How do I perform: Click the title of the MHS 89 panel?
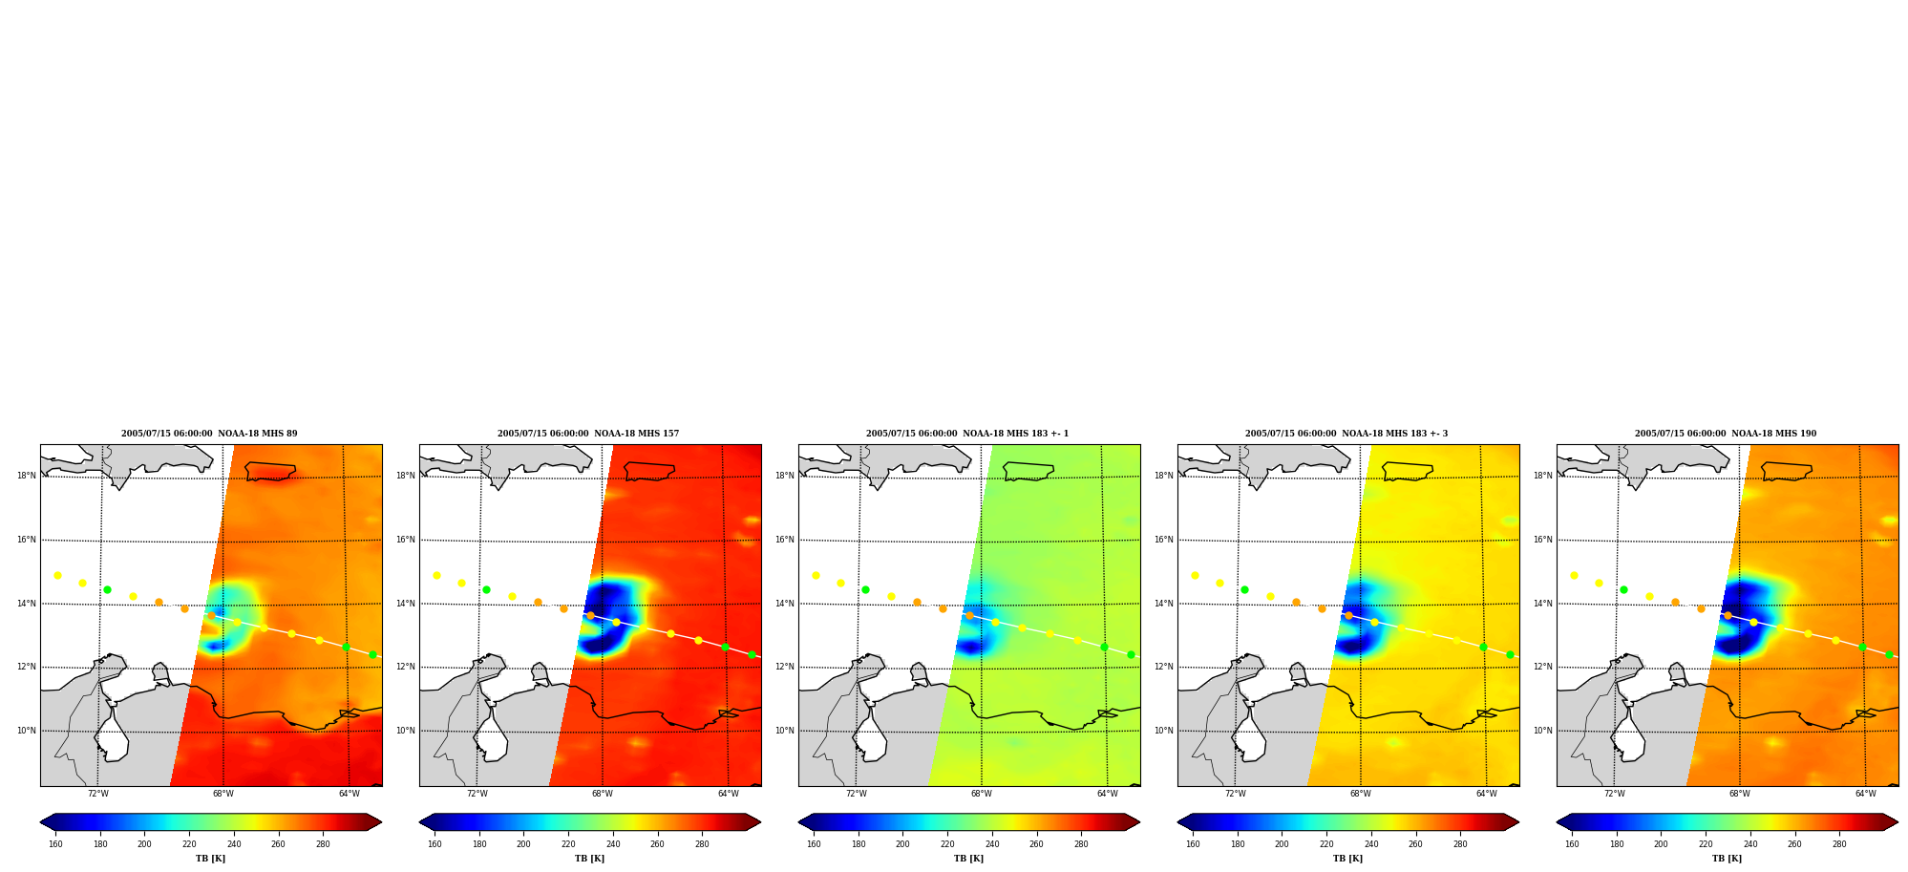pyautogui.click(x=209, y=434)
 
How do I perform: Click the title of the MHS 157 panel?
pyautogui.click(x=588, y=434)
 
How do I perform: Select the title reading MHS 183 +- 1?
pyautogui.click(x=967, y=434)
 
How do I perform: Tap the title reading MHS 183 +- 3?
pyautogui.click(x=1346, y=434)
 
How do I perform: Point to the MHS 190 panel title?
pyautogui.click(x=1726, y=434)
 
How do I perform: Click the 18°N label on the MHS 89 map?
pyautogui.click(x=27, y=476)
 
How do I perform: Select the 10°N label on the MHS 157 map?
pyautogui.click(x=406, y=731)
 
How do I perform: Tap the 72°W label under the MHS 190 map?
pyautogui.click(x=1615, y=794)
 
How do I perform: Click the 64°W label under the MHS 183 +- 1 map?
pyautogui.click(x=1108, y=794)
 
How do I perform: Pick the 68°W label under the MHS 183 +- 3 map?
pyautogui.click(x=1361, y=794)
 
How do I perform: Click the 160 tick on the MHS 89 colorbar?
pyautogui.click(x=55, y=843)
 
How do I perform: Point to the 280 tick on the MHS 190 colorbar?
pyautogui.click(x=1839, y=843)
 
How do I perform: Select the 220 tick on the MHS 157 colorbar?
pyautogui.click(x=568, y=843)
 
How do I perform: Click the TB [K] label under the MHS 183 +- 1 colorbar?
pyautogui.click(x=968, y=859)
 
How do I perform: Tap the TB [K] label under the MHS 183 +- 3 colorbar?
pyautogui.click(x=1347, y=859)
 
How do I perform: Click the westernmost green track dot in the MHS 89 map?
pyautogui.click(x=107, y=589)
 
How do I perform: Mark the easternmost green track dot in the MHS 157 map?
pyautogui.click(x=752, y=654)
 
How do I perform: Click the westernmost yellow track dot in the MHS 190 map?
pyautogui.click(x=1574, y=575)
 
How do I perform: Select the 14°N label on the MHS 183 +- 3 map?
pyautogui.click(x=1164, y=604)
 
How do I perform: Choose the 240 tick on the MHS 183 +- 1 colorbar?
pyautogui.click(x=992, y=843)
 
